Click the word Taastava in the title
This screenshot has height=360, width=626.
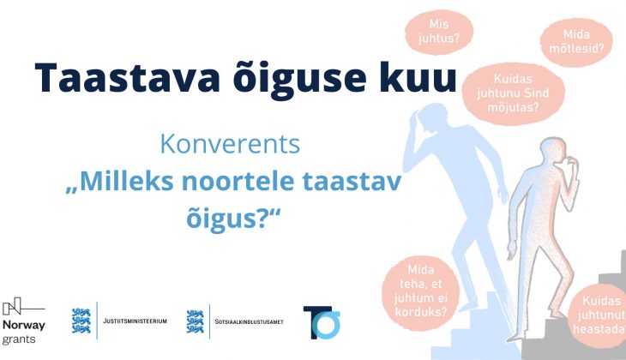pos(128,77)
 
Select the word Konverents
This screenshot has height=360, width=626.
pos(230,144)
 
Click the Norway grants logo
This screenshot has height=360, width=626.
pos(23,321)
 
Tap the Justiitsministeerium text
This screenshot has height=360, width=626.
pos(135,321)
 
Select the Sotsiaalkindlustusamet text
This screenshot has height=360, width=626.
pos(250,321)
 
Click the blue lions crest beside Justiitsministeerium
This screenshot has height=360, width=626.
pos(81,321)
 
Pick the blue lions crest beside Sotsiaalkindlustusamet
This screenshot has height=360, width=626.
pos(196,321)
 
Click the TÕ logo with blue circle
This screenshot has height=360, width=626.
pos(322,322)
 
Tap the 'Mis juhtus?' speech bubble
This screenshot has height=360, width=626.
pos(439,32)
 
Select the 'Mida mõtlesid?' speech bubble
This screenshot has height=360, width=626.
pos(576,42)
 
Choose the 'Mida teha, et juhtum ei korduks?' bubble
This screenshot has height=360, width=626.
pos(421,291)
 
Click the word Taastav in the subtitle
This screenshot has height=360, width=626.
pos(352,181)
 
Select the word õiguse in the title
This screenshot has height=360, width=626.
pos(299,77)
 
